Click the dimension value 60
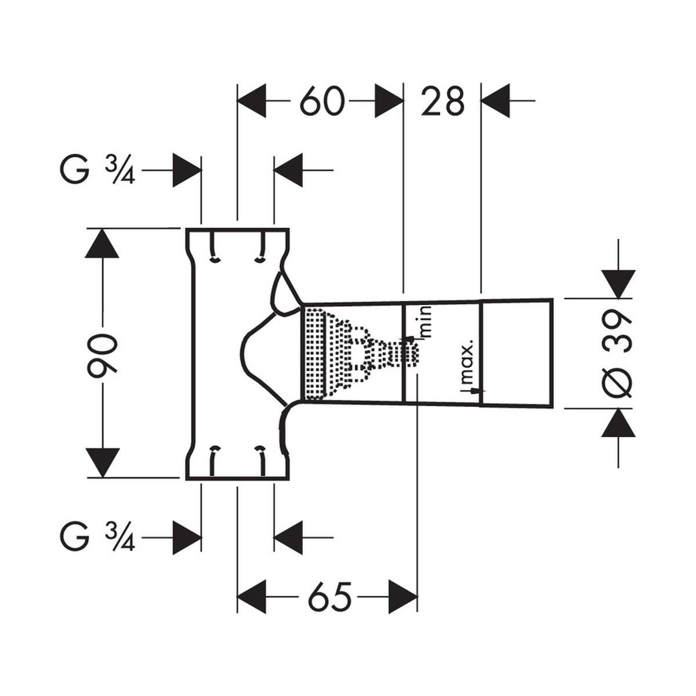point(321,102)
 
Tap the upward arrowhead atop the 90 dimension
point(102,242)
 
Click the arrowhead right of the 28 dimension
point(495,101)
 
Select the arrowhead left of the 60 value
point(252,101)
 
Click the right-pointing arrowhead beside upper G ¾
point(187,171)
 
